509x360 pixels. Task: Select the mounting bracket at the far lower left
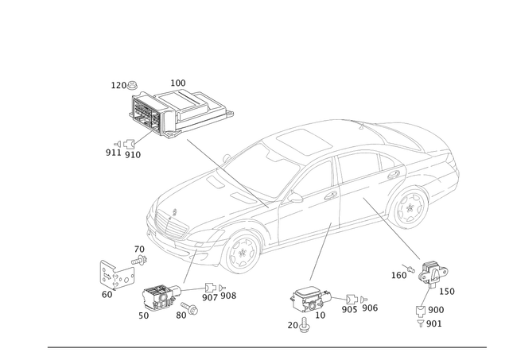[113, 274]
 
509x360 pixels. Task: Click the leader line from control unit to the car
[208, 158]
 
